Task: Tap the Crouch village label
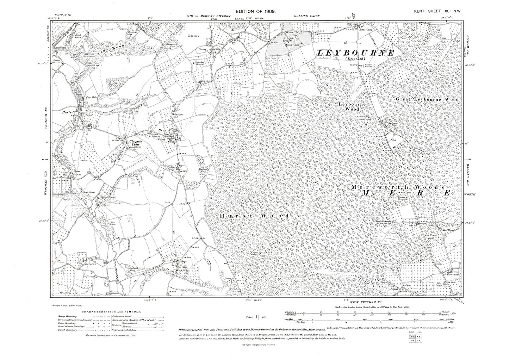pos(164,130)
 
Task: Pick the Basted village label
pos(68,112)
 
